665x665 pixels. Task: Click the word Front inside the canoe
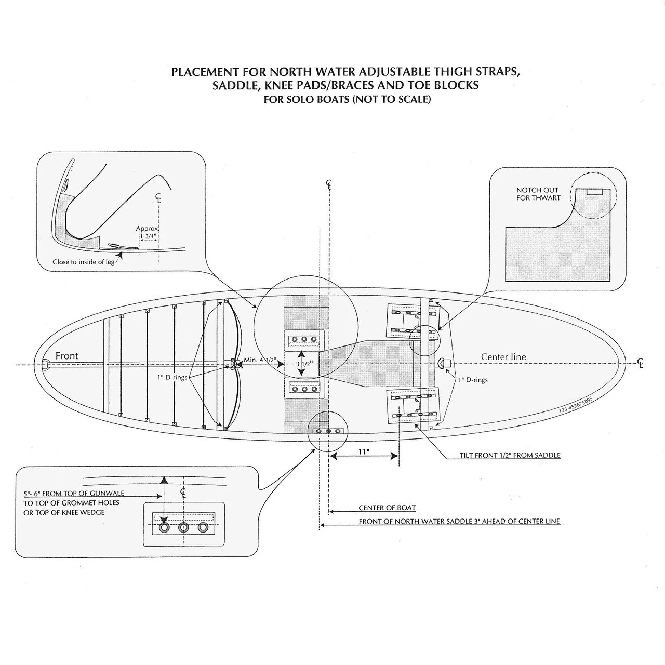coord(66,356)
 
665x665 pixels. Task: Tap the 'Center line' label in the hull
coord(503,357)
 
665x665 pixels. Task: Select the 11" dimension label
coord(364,451)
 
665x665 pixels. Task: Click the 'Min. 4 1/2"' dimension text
coord(260,360)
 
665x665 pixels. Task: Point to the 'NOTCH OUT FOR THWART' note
coord(538,194)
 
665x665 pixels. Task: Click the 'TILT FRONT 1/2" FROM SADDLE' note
coord(510,455)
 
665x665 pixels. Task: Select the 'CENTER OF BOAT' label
coord(387,508)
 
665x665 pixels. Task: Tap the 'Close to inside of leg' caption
coord(84,262)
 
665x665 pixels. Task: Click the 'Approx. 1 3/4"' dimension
coord(148,232)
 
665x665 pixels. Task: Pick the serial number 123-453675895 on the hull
coord(576,404)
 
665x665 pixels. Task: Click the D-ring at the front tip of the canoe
coord(46,365)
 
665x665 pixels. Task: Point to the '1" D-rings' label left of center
coord(172,377)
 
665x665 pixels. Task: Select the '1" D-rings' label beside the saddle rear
coord(473,380)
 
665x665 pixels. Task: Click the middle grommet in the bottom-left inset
coord(183,528)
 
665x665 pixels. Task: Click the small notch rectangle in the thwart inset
coord(594,192)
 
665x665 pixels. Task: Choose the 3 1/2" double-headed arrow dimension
coord(301,363)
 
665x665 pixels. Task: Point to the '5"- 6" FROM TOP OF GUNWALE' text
coord(74,493)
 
